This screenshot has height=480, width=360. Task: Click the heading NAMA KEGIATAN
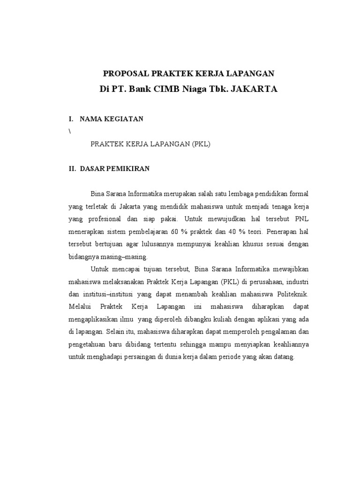[112, 119]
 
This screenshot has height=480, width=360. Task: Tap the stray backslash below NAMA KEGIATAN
[70, 132]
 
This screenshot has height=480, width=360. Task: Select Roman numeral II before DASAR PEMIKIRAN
[73, 169]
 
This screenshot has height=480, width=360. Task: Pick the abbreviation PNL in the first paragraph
[302, 219]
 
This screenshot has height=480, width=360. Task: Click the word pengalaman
[276, 331]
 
